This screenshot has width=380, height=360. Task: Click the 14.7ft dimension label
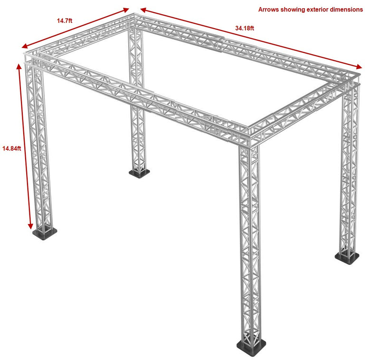pos(65,20)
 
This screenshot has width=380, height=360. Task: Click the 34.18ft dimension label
pos(245,28)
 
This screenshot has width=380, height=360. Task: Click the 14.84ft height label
pos(11,148)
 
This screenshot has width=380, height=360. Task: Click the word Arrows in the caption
pos(269,9)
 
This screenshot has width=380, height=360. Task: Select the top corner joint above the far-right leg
pos(351,80)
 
